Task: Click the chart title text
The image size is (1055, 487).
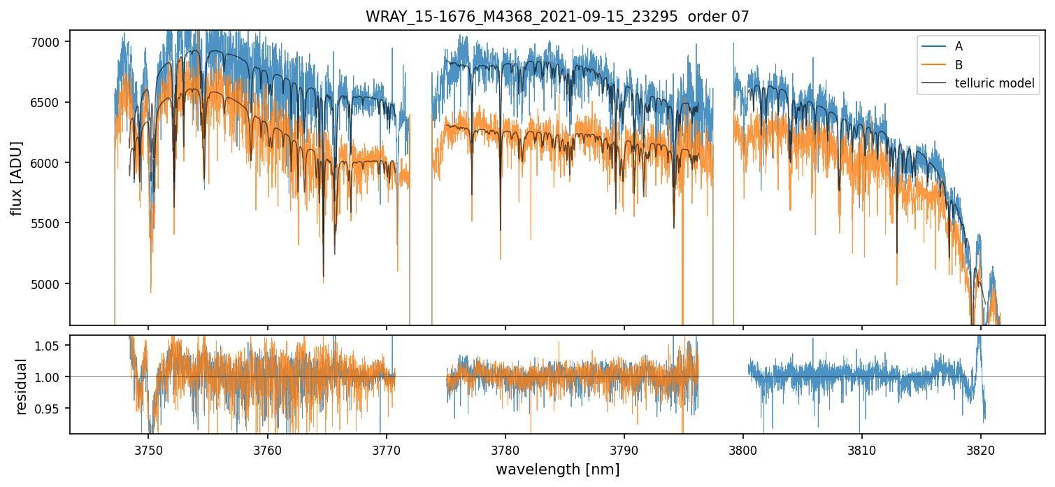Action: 557,17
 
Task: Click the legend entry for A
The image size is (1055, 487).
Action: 959,46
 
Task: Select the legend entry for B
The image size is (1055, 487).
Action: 959,65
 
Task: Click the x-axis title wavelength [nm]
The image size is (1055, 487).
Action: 557,470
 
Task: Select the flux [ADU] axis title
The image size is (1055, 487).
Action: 16,178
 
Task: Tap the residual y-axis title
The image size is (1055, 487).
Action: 21,386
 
